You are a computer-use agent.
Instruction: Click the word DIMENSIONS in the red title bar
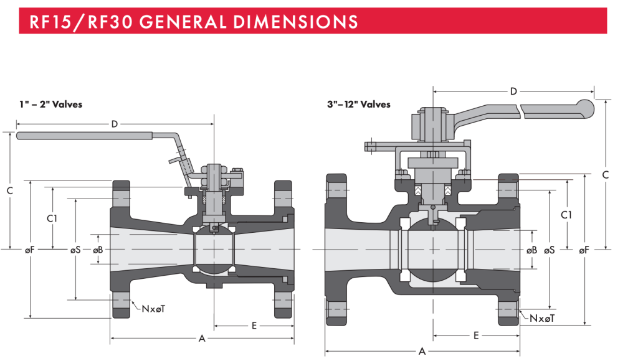tap(292, 21)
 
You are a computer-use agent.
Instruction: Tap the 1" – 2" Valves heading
tap(50, 104)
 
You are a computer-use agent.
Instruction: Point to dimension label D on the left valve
tap(115, 124)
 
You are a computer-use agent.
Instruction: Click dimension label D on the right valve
tap(513, 92)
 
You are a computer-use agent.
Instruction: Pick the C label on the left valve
tap(9, 190)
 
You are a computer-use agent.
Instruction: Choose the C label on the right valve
tap(605, 175)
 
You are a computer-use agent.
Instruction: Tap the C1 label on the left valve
tap(53, 218)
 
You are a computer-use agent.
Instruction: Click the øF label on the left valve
tap(29, 250)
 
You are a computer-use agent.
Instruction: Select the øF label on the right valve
tap(583, 250)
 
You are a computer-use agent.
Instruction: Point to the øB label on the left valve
tap(98, 250)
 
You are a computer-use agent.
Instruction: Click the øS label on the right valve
tap(549, 250)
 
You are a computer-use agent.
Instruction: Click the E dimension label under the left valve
tap(254, 326)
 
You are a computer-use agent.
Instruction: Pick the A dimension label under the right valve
tap(422, 352)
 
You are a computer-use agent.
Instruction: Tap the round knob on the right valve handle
tap(586, 109)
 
